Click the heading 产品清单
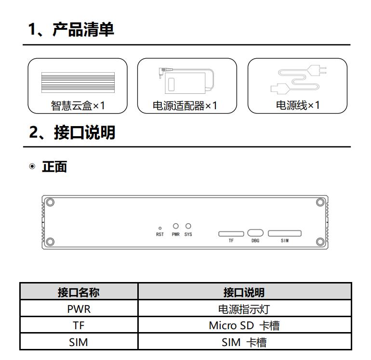click(x=83, y=29)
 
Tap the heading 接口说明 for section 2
click(x=84, y=132)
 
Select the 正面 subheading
click(x=54, y=167)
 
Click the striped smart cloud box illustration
click(x=78, y=82)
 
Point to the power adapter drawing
click(x=186, y=80)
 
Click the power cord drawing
click(x=298, y=79)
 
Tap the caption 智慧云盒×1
click(x=78, y=105)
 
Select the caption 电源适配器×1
click(x=185, y=105)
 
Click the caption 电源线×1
click(x=298, y=105)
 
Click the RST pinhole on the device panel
click(x=160, y=228)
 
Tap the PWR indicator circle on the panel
click(x=176, y=226)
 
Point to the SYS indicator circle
click(x=188, y=226)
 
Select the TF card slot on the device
click(x=231, y=234)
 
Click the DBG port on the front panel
click(x=255, y=233)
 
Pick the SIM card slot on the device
click(x=285, y=233)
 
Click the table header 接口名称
click(x=79, y=293)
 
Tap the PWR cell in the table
click(x=79, y=309)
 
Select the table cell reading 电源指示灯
click(x=244, y=309)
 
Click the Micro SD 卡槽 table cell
click(x=244, y=325)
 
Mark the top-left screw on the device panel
click(x=50, y=202)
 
